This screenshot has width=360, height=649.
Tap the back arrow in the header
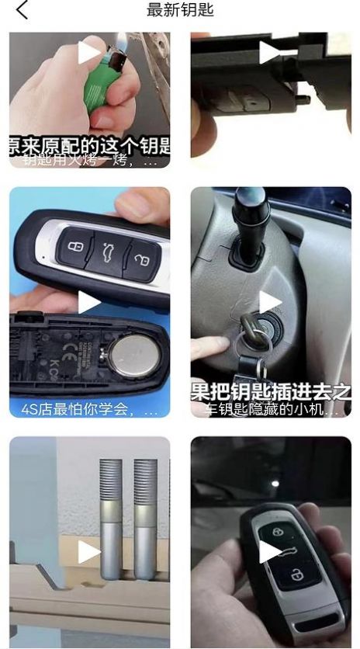coord(21,10)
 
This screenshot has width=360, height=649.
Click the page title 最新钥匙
coord(180,10)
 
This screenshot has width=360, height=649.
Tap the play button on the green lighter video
coord(89,53)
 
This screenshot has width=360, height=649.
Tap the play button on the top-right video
coord(270,53)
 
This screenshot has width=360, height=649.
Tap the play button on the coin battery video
coord(89,302)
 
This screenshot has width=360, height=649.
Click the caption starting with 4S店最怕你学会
coord(89,408)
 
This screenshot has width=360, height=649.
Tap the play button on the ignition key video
coord(270,302)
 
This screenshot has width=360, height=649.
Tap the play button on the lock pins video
coord(89,551)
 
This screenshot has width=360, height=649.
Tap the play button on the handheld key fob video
coord(270,551)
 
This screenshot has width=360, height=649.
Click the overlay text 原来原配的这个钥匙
coord(89,146)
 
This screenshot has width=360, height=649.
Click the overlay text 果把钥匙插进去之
coord(271,390)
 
